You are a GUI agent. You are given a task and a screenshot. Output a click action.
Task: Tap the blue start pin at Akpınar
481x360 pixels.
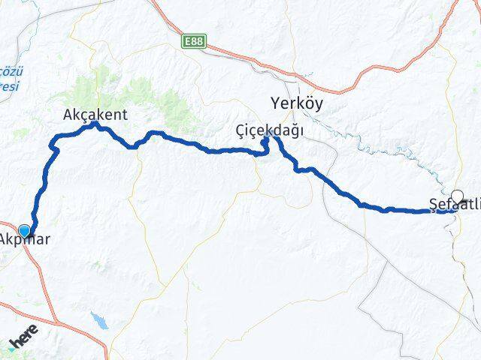point(25,231)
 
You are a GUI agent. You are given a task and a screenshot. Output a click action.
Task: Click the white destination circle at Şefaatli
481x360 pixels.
point(457,195)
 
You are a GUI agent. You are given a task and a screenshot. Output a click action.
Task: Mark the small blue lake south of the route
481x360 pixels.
point(98,321)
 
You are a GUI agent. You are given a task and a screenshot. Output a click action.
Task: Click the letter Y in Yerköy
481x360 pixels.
point(274,104)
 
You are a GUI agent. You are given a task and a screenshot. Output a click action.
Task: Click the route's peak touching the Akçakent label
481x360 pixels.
point(94,124)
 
